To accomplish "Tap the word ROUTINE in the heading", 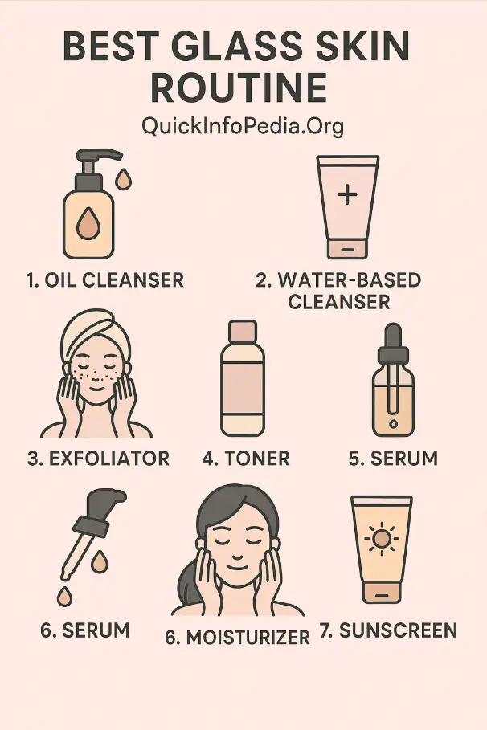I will click(x=239, y=88).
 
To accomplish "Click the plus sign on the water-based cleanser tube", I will click(x=347, y=195).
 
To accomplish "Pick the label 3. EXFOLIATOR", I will click(x=98, y=459).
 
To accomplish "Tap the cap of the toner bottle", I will click(x=242, y=332).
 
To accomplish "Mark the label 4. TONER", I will click(x=246, y=459).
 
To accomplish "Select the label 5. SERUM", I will click(x=393, y=459).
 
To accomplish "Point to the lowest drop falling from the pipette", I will click(x=63, y=597).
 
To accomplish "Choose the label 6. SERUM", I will click(x=85, y=630).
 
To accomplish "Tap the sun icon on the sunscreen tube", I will click(x=381, y=540).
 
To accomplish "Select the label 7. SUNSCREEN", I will click(x=388, y=630).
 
